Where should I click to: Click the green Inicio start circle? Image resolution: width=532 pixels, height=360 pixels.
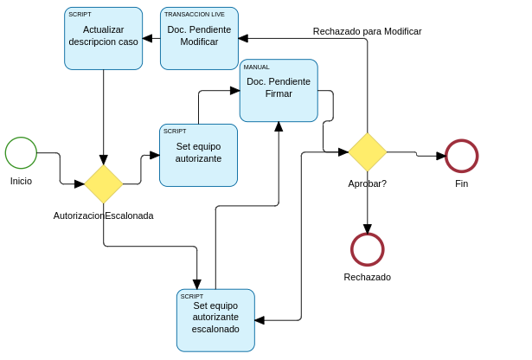[x=21, y=153]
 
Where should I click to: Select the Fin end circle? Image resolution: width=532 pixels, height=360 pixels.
[x=461, y=156]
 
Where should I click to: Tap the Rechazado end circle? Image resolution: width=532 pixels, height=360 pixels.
[x=367, y=249]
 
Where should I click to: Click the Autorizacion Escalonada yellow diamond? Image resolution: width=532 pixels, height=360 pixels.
[x=104, y=183]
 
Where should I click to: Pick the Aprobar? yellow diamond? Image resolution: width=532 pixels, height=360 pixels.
[x=367, y=152]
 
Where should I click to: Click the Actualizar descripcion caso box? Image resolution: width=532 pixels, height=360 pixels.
[x=103, y=38]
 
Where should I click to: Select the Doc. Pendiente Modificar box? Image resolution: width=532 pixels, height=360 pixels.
[x=199, y=38]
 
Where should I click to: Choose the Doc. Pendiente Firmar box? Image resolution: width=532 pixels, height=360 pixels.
[x=279, y=90]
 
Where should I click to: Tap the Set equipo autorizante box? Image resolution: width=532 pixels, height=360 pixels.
[x=198, y=155]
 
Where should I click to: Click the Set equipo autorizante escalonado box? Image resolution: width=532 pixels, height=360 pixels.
[x=215, y=320]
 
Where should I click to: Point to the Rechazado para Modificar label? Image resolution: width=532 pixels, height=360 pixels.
[x=367, y=31]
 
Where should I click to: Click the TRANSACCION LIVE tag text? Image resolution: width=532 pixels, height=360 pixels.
[x=195, y=15]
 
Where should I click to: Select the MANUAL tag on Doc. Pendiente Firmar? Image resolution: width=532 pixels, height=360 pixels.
[x=257, y=67]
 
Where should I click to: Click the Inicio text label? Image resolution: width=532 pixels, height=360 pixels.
[x=21, y=181]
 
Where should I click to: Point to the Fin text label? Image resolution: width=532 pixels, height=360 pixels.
[x=461, y=183]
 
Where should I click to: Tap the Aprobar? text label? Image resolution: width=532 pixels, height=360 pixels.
[x=367, y=183]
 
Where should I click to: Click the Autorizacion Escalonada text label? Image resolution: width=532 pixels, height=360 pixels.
[x=103, y=215]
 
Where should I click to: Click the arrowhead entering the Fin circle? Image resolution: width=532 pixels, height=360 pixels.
[x=441, y=156]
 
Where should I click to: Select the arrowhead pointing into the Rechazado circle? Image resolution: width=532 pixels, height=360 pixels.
[x=367, y=228]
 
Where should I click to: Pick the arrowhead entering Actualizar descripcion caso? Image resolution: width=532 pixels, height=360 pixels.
[x=148, y=38]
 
